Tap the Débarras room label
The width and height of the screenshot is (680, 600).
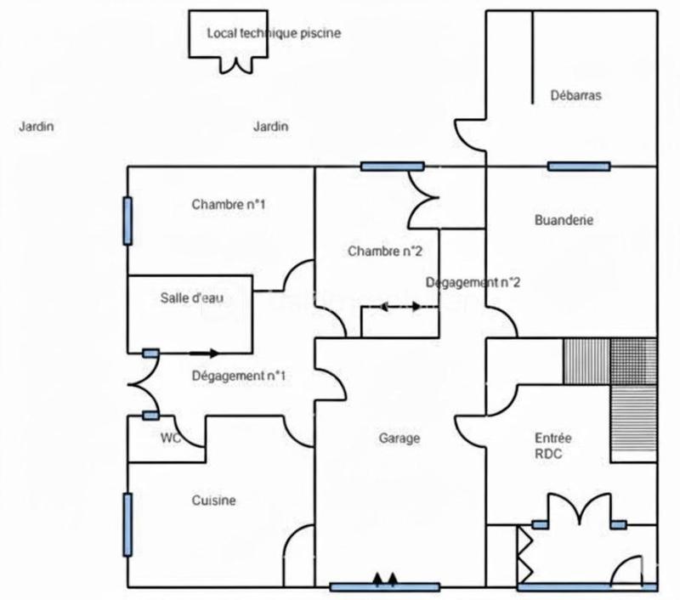pyautogui.click(x=575, y=95)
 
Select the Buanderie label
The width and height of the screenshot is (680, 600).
pyautogui.click(x=564, y=220)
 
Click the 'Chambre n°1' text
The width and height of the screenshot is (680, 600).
pyautogui.click(x=229, y=204)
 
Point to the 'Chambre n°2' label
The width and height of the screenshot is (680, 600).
pyautogui.click(x=385, y=251)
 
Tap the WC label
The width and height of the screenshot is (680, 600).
pyautogui.click(x=172, y=439)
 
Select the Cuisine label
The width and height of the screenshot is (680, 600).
pyautogui.click(x=213, y=501)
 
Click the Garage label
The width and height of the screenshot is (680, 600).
pyautogui.click(x=399, y=439)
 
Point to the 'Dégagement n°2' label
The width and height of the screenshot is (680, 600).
pyautogui.click(x=472, y=282)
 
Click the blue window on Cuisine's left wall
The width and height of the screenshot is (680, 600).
pyautogui.click(x=127, y=524)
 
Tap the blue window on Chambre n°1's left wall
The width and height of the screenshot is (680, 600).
pyautogui.click(x=127, y=221)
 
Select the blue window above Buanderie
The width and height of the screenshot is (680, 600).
pyautogui.click(x=578, y=166)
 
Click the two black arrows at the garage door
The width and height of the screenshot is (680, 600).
pyautogui.click(x=385, y=580)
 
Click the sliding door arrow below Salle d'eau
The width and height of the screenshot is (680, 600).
pyautogui.click(x=204, y=353)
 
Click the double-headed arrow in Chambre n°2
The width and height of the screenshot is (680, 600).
pyautogui.click(x=399, y=306)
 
